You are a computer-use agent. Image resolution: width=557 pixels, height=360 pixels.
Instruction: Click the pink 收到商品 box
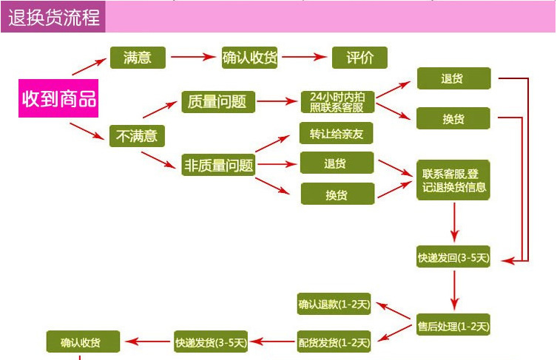coord(58,98)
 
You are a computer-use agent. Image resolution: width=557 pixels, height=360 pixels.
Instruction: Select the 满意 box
coord(138,58)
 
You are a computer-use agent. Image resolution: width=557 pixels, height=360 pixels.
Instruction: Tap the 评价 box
coord(359,58)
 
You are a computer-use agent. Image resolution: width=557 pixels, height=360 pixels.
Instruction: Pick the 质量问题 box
coord(217,102)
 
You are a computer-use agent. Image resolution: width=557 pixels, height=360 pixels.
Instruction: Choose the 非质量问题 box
coord(217,165)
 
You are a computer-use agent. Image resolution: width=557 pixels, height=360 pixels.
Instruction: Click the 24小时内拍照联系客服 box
coord(337,102)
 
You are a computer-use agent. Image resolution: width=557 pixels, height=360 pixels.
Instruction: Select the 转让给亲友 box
coord(337,133)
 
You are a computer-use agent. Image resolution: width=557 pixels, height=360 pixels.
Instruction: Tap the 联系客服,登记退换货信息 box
coord(453,180)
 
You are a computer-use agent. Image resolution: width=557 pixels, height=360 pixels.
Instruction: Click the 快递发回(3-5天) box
coord(453,257)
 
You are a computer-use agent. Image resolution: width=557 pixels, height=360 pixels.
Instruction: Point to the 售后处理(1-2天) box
coord(453,325)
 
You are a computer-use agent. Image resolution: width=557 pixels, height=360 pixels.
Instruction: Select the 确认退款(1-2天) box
coord(334,304)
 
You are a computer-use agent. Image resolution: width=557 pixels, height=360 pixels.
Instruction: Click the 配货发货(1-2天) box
coord(334,342)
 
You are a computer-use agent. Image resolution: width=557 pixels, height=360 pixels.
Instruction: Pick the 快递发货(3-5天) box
coord(211,342)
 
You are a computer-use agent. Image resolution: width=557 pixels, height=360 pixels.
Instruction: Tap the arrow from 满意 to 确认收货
coord(194,58)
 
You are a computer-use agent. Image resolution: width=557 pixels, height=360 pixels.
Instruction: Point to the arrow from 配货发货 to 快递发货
coord(272,342)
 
